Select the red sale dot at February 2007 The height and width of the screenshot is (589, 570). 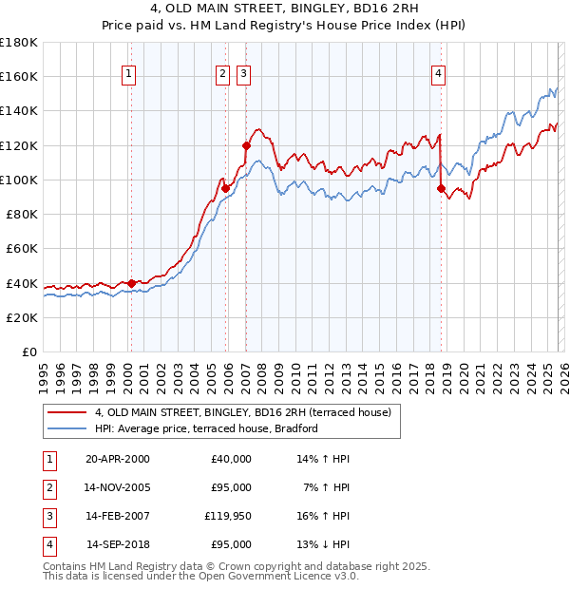click(246, 145)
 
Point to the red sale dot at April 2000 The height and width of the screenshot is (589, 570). click(131, 283)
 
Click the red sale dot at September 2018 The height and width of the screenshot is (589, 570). click(442, 188)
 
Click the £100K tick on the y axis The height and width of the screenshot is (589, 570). click(19, 180)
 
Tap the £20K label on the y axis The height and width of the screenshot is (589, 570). click(19, 317)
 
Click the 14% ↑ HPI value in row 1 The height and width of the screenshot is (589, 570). click(323, 458)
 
